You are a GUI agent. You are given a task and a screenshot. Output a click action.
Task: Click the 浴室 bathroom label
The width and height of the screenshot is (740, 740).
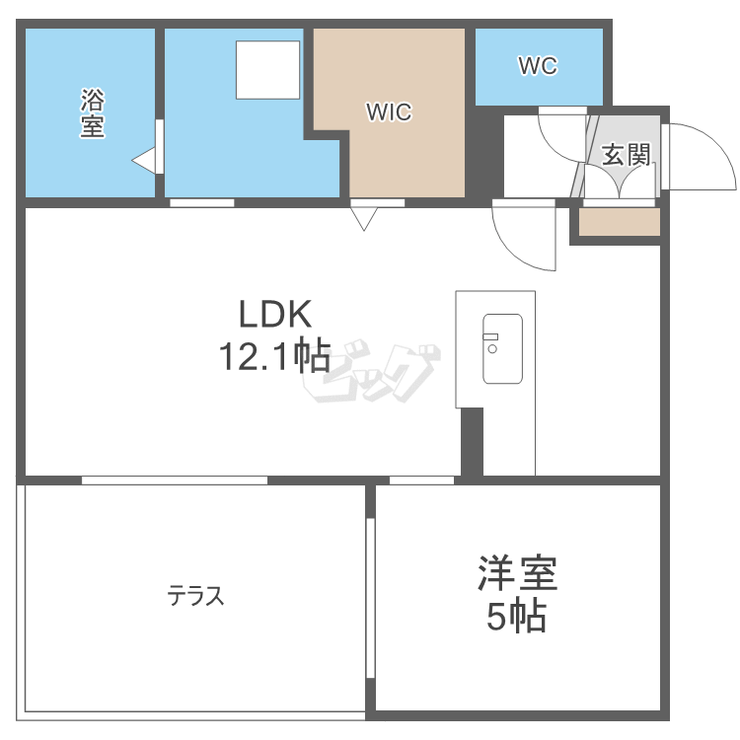pos(92,113)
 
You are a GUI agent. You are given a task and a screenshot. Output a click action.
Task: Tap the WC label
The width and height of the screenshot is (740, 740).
pos(538,66)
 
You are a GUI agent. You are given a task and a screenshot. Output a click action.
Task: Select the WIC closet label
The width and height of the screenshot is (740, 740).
pos(389,112)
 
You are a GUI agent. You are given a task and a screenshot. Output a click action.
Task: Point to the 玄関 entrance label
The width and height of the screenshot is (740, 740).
pos(626,155)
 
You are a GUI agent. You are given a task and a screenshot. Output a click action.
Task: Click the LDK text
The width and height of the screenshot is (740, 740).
pos(275,314)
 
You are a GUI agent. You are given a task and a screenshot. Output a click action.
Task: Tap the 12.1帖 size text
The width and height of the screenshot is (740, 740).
pos(274,356)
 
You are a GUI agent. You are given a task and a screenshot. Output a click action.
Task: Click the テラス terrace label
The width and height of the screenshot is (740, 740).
pos(195,595)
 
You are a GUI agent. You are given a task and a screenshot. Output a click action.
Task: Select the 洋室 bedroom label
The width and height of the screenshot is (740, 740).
pos(518,573)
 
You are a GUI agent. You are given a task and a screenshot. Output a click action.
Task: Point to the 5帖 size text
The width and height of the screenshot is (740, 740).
pos(516,616)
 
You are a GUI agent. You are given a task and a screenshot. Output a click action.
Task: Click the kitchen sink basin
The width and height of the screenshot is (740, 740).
pos(502,348)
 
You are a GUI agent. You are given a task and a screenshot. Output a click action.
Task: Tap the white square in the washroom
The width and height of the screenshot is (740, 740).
pos(267,70)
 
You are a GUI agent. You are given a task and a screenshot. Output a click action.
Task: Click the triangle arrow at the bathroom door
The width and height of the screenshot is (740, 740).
pos(143,161)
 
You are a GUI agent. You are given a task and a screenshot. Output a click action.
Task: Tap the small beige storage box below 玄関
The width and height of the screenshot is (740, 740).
pos(620,222)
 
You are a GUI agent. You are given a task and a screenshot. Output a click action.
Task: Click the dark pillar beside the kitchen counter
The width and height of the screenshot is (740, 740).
pos(472,442)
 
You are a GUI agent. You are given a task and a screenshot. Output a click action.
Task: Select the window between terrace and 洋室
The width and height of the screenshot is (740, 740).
pos(370,598)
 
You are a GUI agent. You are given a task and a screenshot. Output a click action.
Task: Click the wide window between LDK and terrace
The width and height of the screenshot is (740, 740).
pos(175,481)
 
